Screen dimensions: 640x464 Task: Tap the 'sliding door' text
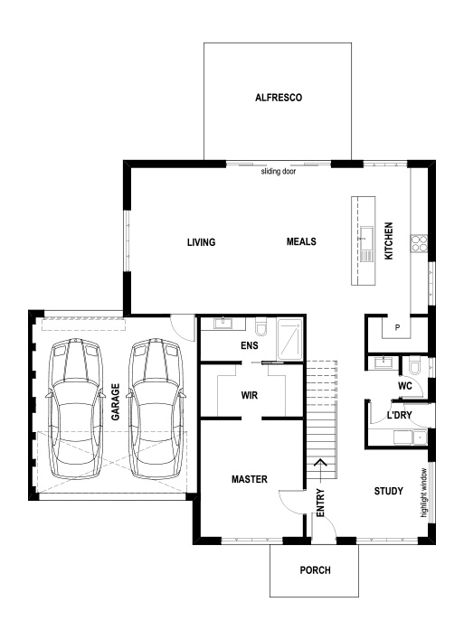(x=279, y=171)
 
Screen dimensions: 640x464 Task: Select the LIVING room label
(x=200, y=241)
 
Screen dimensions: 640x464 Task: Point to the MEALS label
(x=300, y=241)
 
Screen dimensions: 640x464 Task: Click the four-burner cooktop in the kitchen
(x=420, y=242)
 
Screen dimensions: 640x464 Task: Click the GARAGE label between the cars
(x=115, y=401)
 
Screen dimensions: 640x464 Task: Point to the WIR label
(x=251, y=395)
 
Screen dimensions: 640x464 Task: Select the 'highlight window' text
(x=423, y=494)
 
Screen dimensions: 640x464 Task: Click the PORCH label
(x=315, y=570)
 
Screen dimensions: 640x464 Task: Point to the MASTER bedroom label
(x=248, y=478)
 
